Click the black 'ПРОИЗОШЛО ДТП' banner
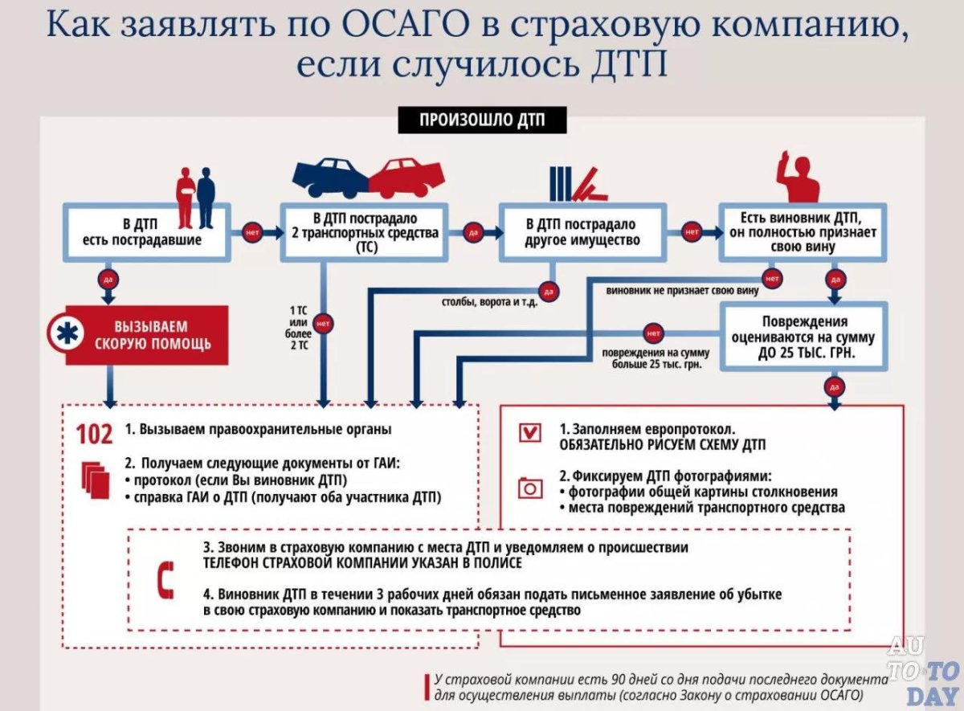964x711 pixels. click(x=481, y=121)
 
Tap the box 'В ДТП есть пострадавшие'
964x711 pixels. click(x=145, y=231)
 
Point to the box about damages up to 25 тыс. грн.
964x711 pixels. click(x=803, y=337)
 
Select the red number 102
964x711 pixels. click(x=94, y=434)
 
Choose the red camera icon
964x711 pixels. click(x=530, y=488)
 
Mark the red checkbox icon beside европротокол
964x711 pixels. click(x=530, y=433)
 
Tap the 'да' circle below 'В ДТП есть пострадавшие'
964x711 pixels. click(x=107, y=280)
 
